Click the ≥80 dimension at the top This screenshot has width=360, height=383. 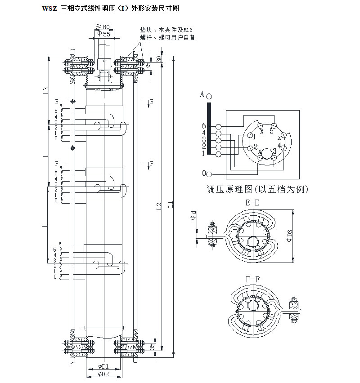point(103,27)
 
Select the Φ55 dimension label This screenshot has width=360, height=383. point(104,34)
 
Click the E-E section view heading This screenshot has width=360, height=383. point(252,203)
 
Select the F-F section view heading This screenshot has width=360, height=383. point(252,279)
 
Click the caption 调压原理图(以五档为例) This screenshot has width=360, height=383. point(257,189)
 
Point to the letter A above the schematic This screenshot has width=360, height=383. point(202,95)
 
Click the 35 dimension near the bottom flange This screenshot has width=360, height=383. point(152,347)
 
